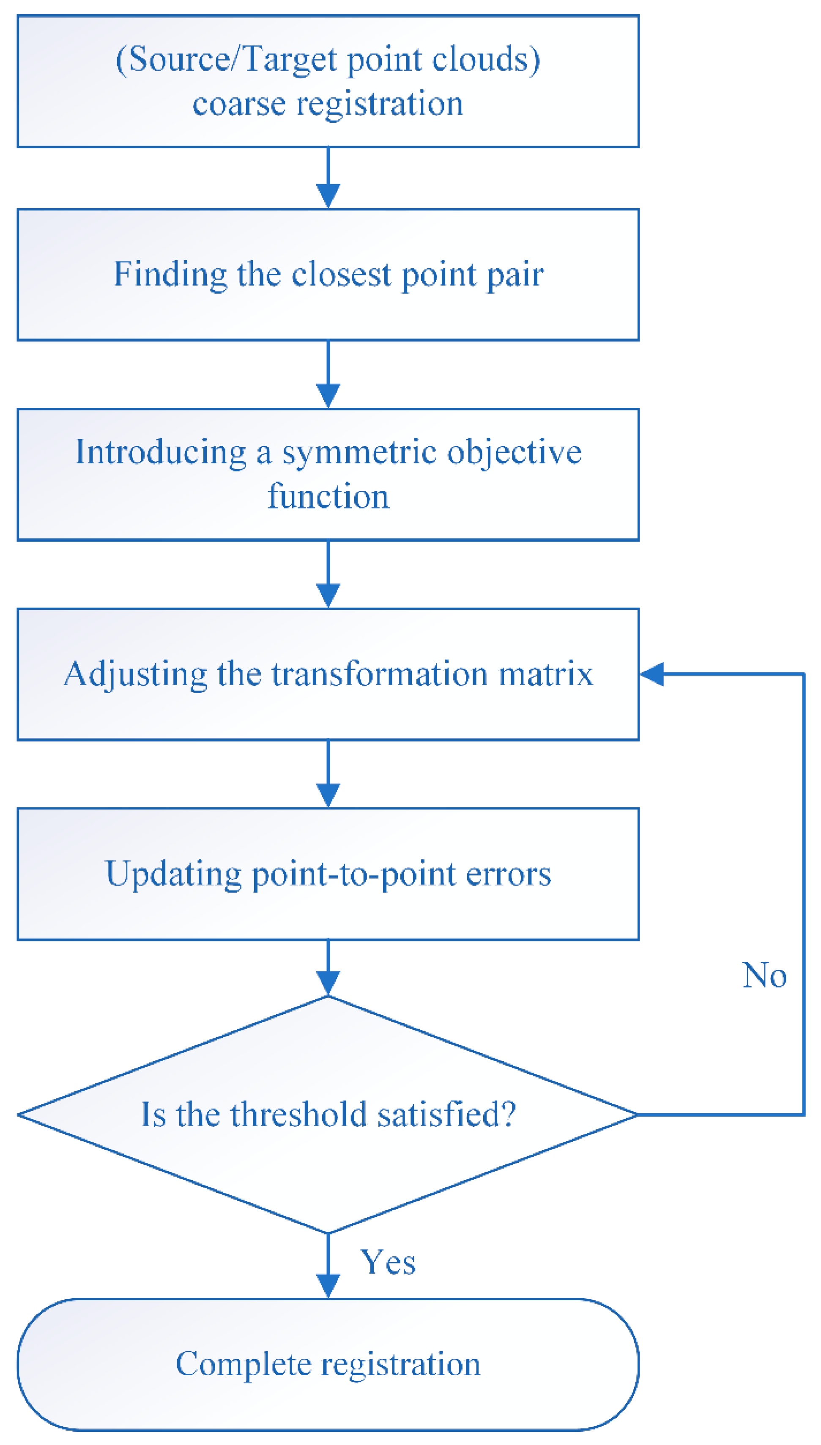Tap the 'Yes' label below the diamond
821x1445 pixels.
(x=388, y=1262)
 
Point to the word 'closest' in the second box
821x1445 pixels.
(x=341, y=275)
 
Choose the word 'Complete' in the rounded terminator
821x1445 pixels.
(x=244, y=1364)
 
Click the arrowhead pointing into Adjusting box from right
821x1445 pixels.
(x=652, y=674)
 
